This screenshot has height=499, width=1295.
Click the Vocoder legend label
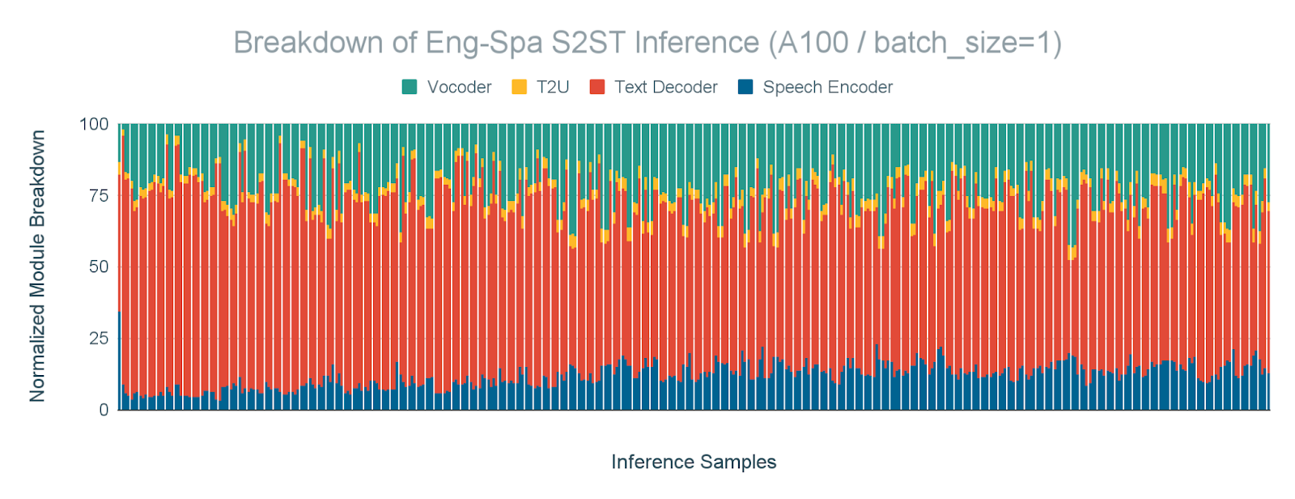click(459, 87)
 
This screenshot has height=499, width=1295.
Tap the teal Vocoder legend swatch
click(410, 87)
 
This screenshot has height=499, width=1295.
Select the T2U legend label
click(553, 87)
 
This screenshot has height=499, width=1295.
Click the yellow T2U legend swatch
click(520, 87)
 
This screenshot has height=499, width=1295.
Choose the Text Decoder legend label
click(665, 87)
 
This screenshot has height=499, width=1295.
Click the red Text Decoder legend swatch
click(597, 87)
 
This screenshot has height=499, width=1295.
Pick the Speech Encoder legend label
click(827, 87)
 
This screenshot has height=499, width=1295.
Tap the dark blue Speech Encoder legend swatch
click(745, 87)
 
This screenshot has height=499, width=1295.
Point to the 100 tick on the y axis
click(93, 124)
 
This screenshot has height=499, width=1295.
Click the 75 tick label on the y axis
click(97, 195)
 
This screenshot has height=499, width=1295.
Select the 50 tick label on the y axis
click(97, 267)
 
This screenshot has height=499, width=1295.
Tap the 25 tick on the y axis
click(97, 338)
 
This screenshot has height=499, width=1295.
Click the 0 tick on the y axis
click(103, 410)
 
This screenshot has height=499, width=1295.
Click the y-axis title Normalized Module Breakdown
click(37, 267)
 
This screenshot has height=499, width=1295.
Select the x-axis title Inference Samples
click(694, 463)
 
